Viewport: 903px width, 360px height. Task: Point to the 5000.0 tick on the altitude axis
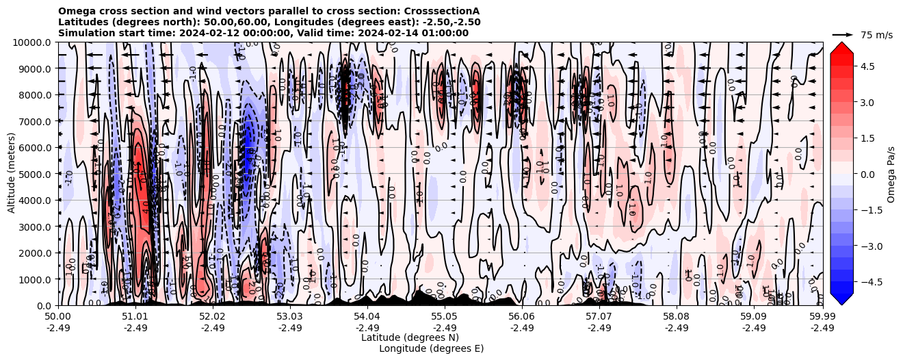(36, 174)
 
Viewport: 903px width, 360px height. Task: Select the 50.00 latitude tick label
(58, 317)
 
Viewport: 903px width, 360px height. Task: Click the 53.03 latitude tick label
(290, 317)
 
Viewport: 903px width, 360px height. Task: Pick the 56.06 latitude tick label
(522, 317)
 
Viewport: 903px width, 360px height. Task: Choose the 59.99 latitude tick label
(822, 317)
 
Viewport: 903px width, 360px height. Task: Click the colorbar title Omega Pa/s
(891, 174)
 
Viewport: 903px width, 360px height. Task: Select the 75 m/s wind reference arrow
(843, 34)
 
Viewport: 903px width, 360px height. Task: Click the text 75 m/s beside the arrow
(876, 35)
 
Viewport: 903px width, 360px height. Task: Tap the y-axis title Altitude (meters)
(12, 174)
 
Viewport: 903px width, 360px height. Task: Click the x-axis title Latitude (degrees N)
(410, 337)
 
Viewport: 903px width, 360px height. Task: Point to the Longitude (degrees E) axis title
(431, 348)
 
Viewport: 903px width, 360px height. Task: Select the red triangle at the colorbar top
(841, 47)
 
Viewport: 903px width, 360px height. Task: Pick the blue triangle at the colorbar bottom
(841, 298)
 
